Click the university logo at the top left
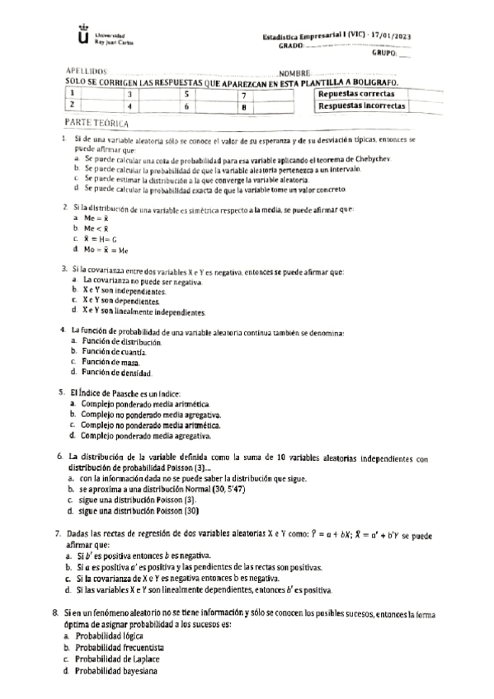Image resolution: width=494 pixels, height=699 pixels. click(x=82, y=38)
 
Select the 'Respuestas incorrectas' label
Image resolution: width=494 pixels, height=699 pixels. click(x=361, y=106)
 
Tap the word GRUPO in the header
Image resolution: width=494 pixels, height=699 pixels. click(x=384, y=53)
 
